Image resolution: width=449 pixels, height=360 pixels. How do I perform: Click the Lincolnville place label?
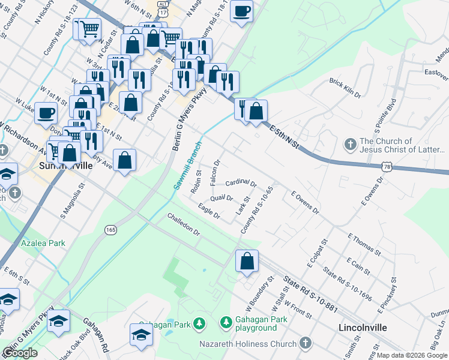click(x=363, y=328)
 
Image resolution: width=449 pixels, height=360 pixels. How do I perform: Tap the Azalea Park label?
click(x=43, y=244)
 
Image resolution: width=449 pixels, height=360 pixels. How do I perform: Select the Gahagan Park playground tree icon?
click(x=226, y=324)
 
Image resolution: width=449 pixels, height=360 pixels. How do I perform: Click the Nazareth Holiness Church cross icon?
click(x=306, y=343)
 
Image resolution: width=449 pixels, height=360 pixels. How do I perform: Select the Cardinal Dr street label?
click(x=241, y=182)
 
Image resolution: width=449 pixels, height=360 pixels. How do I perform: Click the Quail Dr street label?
click(x=221, y=199)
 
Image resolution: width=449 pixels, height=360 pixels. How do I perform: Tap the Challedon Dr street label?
click(x=183, y=224)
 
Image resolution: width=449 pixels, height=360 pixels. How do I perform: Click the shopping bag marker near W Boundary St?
click(x=247, y=262)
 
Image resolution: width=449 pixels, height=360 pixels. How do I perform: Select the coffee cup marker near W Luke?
click(x=46, y=113)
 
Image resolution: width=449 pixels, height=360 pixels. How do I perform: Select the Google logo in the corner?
click(x=20, y=353)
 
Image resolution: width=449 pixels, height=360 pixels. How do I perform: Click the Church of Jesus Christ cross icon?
click(x=350, y=145)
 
